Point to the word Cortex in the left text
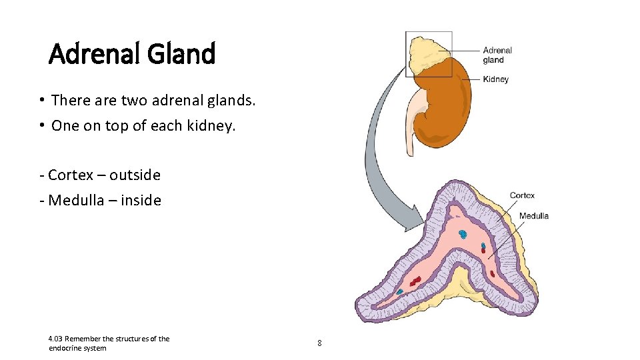71,175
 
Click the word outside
135,175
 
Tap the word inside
141,200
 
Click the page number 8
319,343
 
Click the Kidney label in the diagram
495,79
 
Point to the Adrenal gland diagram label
497,55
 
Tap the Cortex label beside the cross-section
522,195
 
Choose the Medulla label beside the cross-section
533,215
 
